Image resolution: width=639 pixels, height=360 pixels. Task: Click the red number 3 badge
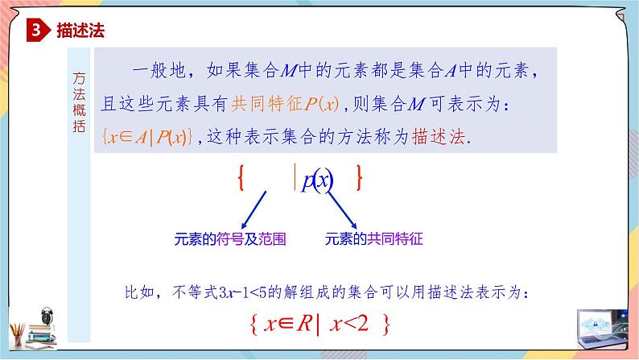(x=37, y=31)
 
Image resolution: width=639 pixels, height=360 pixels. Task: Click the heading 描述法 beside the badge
(x=82, y=31)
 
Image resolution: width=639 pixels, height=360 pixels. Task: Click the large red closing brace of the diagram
(x=359, y=178)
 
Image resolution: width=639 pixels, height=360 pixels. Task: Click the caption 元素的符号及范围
(x=230, y=240)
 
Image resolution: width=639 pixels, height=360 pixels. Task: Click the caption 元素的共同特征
(x=374, y=240)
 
